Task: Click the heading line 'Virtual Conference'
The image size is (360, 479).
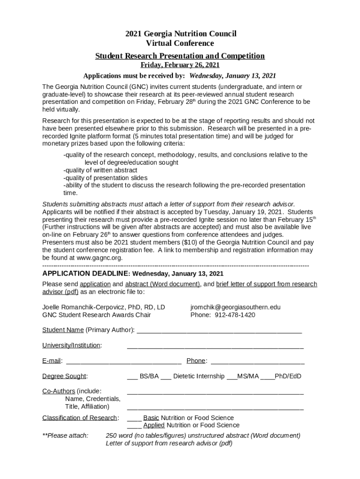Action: [180, 44]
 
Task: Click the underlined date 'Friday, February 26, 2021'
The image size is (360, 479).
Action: [180, 65]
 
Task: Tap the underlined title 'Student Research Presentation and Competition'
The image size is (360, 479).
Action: [180, 56]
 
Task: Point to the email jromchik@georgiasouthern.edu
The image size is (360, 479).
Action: [235, 307]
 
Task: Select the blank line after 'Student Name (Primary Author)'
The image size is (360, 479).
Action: [219, 331]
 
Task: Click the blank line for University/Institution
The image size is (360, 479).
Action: [215, 346]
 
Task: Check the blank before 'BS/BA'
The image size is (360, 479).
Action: [132, 377]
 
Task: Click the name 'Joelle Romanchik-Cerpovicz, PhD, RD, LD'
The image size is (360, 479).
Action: [103, 307]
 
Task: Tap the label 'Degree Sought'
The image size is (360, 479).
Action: [64, 376]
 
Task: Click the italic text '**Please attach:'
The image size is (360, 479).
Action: [65, 435]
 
